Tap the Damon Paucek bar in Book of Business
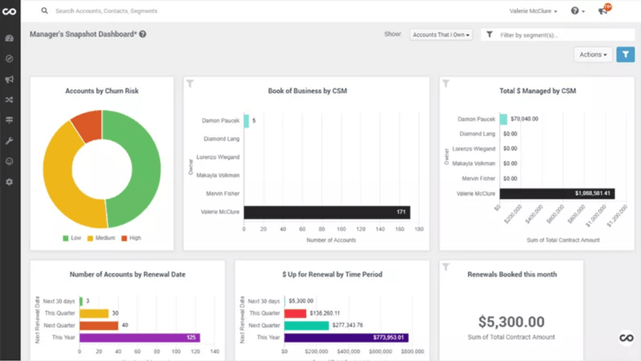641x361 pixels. click(246, 121)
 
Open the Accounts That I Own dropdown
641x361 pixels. click(441, 34)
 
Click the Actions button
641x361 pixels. click(594, 55)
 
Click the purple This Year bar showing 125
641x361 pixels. click(139, 338)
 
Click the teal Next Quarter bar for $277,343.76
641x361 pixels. click(306, 326)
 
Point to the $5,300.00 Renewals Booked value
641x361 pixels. click(511, 321)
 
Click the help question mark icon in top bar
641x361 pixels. click(574, 11)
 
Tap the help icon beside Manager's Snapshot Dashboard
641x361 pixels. click(143, 34)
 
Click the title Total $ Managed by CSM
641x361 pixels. click(537, 91)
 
